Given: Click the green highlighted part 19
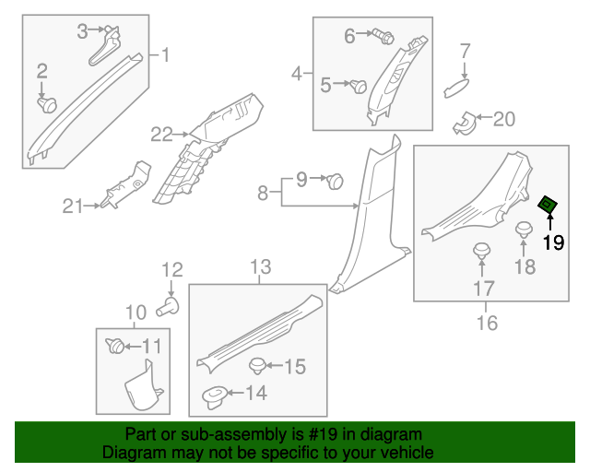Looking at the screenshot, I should (x=549, y=205).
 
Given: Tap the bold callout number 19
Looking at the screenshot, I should (x=553, y=243).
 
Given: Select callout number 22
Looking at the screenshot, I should (x=162, y=135).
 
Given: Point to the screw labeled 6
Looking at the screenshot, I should (x=385, y=38).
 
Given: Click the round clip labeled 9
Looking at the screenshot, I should (x=336, y=181).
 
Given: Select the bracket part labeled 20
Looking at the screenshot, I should (x=464, y=120).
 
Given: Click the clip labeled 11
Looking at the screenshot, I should (x=115, y=347).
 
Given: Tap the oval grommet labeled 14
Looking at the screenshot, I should (x=214, y=396).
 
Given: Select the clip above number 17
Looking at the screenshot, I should (x=481, y=252).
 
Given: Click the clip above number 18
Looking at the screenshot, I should (x=525, y=230).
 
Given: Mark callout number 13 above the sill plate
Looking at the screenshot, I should (x=261, y=267).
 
